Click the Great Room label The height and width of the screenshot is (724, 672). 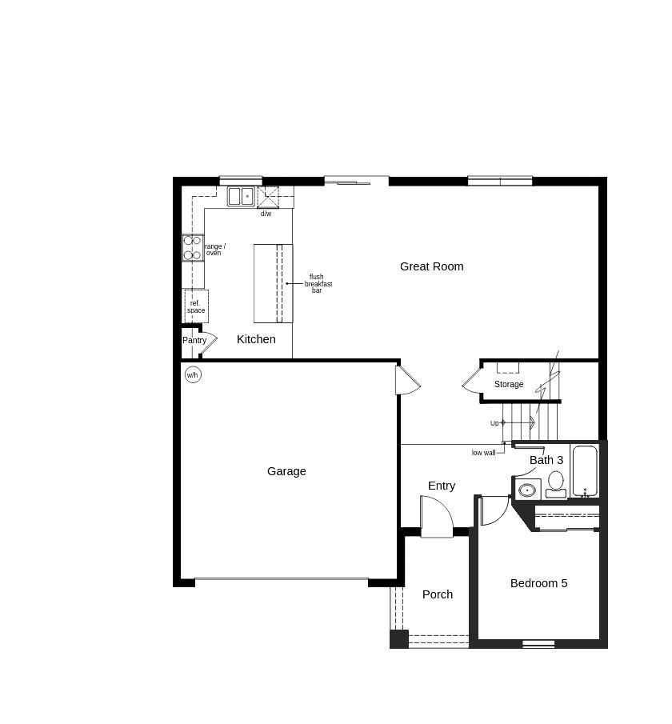pos(431,266)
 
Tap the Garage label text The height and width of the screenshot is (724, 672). pos(286,471)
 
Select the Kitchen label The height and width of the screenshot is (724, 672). pos(256,339)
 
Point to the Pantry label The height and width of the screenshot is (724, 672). pos(194,340)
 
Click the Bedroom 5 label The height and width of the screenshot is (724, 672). pos(538,583)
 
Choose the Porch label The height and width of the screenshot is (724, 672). pos(438,594)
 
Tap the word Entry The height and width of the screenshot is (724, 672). pos(442,486)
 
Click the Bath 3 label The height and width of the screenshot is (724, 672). pos(546,460)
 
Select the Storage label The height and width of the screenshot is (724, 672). pos(509,384)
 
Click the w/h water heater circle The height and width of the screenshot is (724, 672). pos(193,374)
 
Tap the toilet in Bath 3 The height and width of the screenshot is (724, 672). pos(556,483)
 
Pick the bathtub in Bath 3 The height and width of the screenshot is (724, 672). pos(585,471)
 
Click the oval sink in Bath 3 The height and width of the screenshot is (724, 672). pos(527,490)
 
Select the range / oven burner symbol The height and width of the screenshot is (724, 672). pos(193,247)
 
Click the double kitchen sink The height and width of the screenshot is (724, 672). pos(240,196)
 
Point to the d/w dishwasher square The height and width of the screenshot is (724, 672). pos(267,197)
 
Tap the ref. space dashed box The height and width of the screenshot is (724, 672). pos(196,306)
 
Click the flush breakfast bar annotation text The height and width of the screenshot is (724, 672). pos(318,284)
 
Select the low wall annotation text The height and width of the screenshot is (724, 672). pos(483,453)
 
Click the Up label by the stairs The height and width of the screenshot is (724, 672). pos(494,423)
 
